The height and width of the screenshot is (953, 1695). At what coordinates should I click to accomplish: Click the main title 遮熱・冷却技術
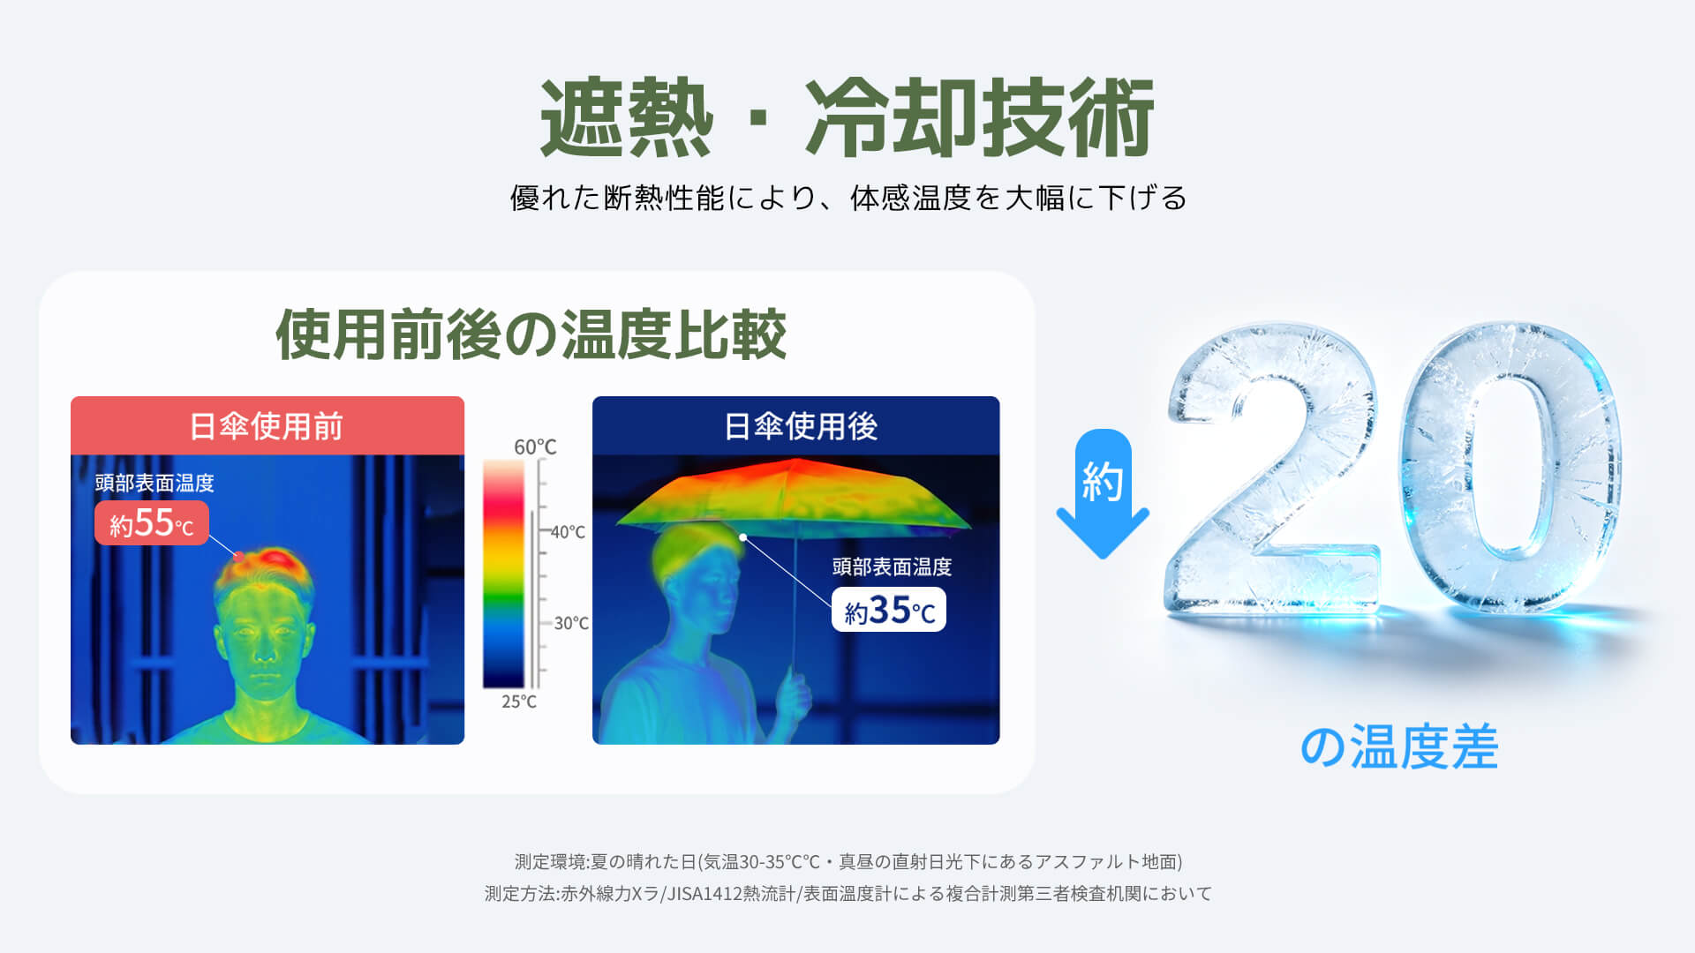(847, 118)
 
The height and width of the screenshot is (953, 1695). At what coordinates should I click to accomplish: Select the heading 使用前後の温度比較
(531, 334)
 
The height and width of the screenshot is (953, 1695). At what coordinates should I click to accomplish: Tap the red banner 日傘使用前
(267, 425)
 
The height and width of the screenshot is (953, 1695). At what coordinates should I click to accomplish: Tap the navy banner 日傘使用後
(795, 425)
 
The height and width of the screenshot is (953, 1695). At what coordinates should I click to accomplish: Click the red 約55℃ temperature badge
(152, 523)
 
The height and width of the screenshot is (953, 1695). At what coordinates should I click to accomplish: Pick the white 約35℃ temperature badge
(889, 610)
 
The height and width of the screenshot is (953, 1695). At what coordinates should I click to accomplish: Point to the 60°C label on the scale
(535, 446)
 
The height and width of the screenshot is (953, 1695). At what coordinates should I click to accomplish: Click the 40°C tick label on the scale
(568, 531)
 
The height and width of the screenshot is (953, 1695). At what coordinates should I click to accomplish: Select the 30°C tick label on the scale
(571, 623)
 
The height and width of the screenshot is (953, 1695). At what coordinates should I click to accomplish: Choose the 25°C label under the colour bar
(519, 702)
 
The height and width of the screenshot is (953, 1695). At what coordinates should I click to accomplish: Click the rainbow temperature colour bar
(503, 574)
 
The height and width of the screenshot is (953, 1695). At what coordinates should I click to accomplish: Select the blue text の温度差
(1399, 747)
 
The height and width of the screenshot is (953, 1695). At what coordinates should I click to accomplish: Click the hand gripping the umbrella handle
(793, 694)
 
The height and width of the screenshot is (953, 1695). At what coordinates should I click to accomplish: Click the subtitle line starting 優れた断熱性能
(848, 198)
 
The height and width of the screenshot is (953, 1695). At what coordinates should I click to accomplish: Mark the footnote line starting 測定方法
(848, 893)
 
